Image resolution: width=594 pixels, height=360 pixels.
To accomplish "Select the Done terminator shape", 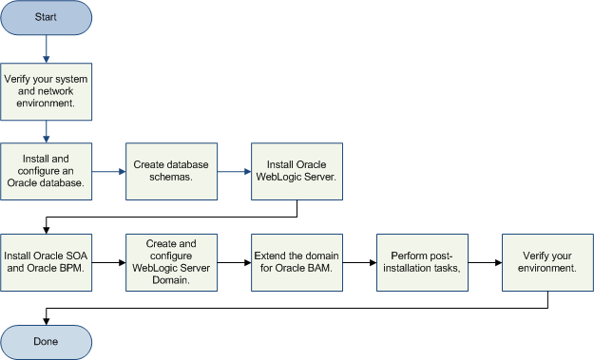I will (46, 341).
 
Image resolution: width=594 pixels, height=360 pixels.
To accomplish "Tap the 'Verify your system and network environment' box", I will (46, 90).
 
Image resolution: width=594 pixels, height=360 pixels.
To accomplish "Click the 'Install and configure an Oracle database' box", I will (46, 172).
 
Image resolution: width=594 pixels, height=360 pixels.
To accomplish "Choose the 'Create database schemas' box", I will (172, 172).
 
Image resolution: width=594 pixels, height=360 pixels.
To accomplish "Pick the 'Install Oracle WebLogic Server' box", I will (297, 172).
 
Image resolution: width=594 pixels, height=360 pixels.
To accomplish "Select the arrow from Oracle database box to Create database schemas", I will (108, 172).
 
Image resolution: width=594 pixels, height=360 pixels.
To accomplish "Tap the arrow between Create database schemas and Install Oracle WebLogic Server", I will (234, 172).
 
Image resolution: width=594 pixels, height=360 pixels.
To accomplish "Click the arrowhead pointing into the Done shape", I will (46, 320).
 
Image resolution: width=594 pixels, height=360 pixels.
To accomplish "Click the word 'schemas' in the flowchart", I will (172, 179).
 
